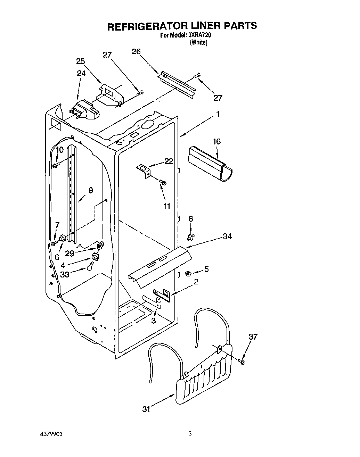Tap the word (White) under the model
click(198, 43)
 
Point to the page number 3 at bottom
click(190, 434)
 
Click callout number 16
click(216, 142)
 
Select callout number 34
click(227, 236)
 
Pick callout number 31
click(146, 409)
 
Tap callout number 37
click(253, 336)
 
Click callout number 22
click(169, 161)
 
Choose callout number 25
click(81, 61)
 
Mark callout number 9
click(90, 190)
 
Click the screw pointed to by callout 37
click(242, 362)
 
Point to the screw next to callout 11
click(163, 182)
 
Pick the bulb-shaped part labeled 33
click(90, 266)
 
